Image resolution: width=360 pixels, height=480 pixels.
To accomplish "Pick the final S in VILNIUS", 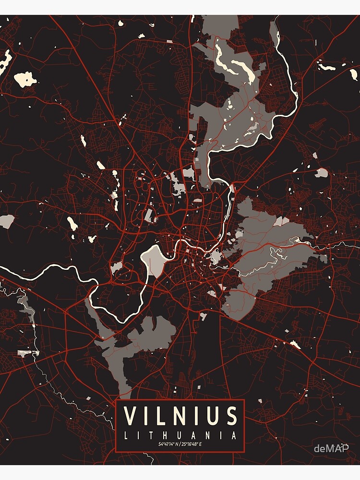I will (x=232, y=416).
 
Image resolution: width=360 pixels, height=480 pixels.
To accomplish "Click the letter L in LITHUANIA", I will (x=126, y=436).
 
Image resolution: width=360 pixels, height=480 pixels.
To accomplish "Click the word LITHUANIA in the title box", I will (x=180, y=436).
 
